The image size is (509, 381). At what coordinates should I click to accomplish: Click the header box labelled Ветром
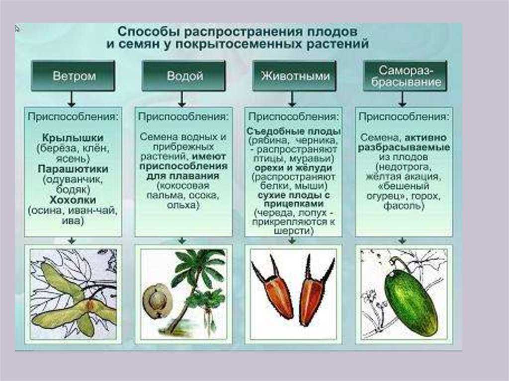pos(74,76)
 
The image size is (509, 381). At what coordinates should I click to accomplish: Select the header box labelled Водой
pos(184,76)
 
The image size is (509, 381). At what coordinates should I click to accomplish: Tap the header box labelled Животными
pos(294,76)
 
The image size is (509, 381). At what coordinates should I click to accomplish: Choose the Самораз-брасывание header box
pos(405,76)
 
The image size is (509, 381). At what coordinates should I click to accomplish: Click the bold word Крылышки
pos(73,138)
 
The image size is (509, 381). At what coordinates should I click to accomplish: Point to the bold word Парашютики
pos(73,169)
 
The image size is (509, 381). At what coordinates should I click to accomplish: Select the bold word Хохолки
pos(73,199)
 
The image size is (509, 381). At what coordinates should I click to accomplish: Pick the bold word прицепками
pos(294,204)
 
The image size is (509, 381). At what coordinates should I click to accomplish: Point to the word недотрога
pos(404,167)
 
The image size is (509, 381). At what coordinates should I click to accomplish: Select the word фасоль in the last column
pos(404,206)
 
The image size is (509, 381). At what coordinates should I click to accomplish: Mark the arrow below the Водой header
pos(182,99)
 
